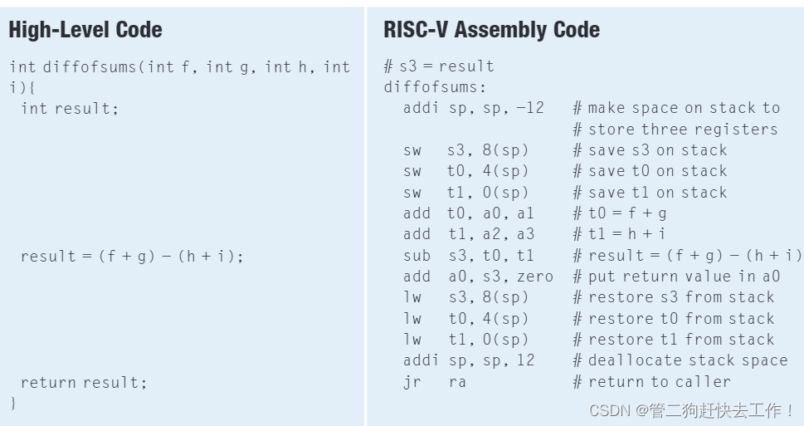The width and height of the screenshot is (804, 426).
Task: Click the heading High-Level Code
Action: tap(85, 31)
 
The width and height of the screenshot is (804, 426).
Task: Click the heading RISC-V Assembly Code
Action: tap(491, 31)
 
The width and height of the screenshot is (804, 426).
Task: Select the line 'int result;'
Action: tap(70, 108)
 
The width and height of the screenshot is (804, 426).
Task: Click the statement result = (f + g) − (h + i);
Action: tap(133, 256)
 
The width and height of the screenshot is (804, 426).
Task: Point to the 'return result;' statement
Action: tap(83, 382)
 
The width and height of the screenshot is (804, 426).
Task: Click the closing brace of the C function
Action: tap(13, 403)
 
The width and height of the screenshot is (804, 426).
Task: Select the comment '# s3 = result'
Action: tap(439, 66)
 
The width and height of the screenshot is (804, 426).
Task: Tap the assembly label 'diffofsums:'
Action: tap(435, 87)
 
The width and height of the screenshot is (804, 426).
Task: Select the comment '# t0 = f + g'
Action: tap(620, 213)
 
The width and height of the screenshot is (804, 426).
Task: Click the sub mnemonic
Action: tap(417, 256)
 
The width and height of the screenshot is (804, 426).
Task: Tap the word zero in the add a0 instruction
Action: tap(534, 277)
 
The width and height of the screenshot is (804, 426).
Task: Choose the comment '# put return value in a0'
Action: tap(676, 277)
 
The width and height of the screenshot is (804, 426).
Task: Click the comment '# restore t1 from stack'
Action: tap(673, 340)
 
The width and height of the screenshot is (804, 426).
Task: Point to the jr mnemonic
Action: tap(412, 382)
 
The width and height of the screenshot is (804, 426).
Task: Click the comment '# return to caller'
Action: tap(651, 382)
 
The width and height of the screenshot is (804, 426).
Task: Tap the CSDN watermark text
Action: tap(691, 410)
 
